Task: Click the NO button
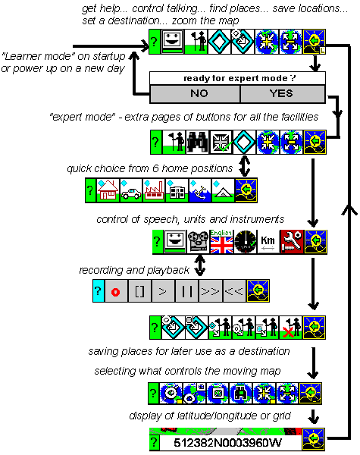coord(195,93)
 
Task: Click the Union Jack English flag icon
coord(222,243)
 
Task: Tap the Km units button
coord(268,243)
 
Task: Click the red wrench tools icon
coord(291,243)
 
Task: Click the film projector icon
coord(199,243)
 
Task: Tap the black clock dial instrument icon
coord(245,243)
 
